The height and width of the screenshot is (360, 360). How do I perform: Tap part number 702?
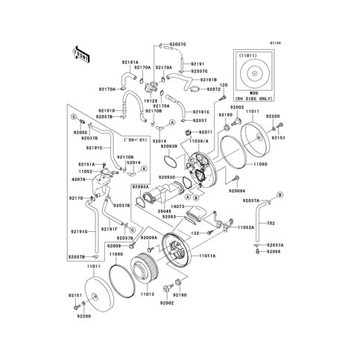point(271,223)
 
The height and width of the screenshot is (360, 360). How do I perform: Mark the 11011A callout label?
point(208,256)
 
